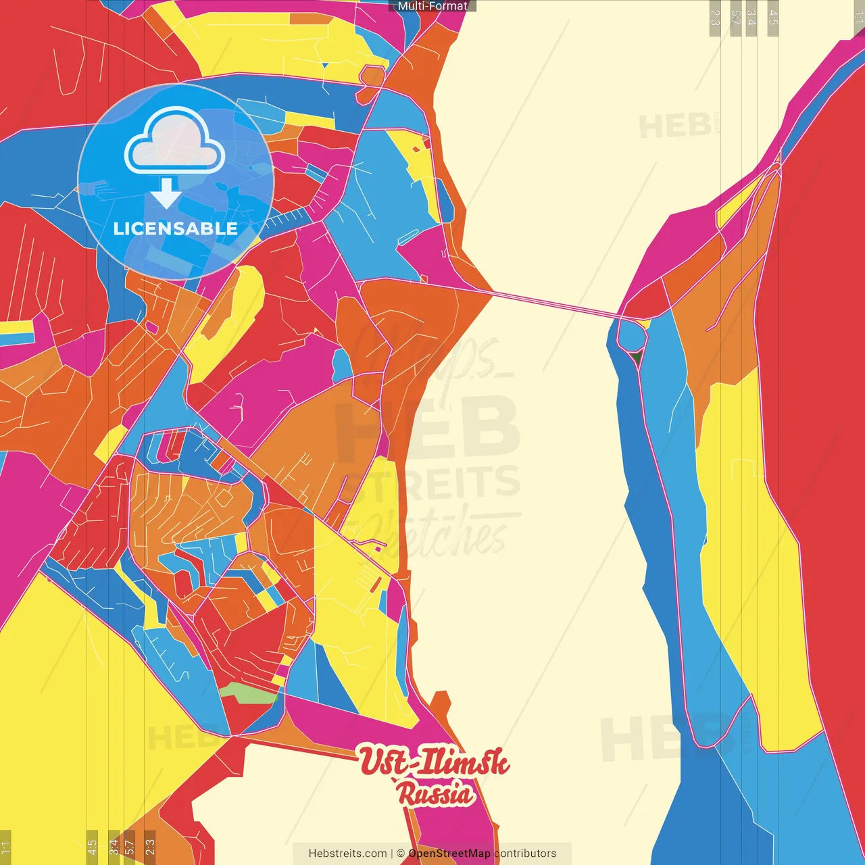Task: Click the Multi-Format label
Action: pyautogui.click(x=432, y=6)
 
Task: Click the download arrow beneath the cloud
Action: pyautogui.click(x=166, y=195)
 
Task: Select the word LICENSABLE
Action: pyautogui.click(x=175, y=228)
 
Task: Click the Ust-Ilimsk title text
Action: pyautogui.click(x=433, y=762)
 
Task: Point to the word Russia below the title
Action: pyautogui.click(x=436, y=793)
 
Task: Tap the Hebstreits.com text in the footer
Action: pyautogui.click(x=347, y=854)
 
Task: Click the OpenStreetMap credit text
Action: pyautogui.click(x=449, y=854)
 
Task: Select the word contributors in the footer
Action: pyautogui.click(x=525, y=854)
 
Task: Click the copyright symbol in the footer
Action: pyautogui.click(x=401, y=854)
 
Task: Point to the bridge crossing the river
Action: pyautogui.click(x=554, y=304)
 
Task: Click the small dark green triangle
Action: pyautogui.click(x=635, y=355)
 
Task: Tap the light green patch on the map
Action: pyautogui.click(x=248, y=692)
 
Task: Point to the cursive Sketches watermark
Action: pyautogui.click(x=432, y=534)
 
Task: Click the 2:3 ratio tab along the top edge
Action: pyautogui.click(x=715, y=18)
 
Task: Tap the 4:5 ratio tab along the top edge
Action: pyautogui.click(x=773, y=18)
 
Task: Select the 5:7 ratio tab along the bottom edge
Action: pyautogui.click(x=130, y=846)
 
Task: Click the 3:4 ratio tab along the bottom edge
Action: pyautogui.click(x=114, y=846)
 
